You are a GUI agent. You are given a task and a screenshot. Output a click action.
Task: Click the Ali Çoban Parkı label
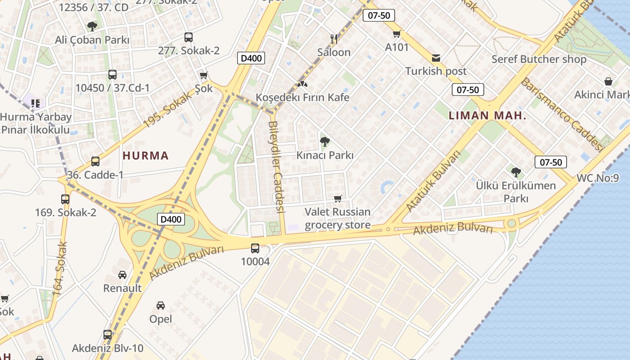pyautogui.click(x=92, y=40)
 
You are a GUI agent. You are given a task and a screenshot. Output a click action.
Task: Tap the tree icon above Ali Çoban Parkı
pyautogui.click(x=92, y=26)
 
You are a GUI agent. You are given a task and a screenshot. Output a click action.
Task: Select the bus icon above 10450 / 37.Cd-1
pyautogui.click(x=112, y=75)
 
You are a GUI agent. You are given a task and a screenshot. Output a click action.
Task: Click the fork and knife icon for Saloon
pyautogui.click(x=333, y=39)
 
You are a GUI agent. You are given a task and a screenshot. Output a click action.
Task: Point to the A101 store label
pyautogui.click(x=397, y=47)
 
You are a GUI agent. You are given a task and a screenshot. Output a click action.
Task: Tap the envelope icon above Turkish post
pyautogui.click(x=436, y=58)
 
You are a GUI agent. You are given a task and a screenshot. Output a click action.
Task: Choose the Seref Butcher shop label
pyautogui.click(x=539, y=59)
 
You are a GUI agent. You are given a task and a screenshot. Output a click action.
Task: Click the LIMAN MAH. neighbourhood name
pyautogui.click(x=487, y=116)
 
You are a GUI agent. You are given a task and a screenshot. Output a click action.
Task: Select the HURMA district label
pyautogui.click(x=145, y=156)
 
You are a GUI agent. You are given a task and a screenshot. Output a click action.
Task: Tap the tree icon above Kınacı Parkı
pyautogui.click(x=324, y=142)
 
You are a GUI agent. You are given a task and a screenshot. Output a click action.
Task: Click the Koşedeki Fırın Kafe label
pyautogui.click(x=302, y=97)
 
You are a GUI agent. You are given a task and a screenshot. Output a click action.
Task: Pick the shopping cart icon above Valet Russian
pyautogui.click(x=338, y=198)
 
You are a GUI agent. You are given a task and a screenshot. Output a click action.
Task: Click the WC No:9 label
pyautogui.click(x=598, y=178)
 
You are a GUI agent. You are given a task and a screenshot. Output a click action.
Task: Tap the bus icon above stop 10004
pyautogui.click(x=255, y=248)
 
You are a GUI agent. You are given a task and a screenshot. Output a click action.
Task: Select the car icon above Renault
pyautogui.click(x=122, y=274)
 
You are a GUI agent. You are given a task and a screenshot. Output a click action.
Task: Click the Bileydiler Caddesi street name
pyautogui.click(x=277, y=166)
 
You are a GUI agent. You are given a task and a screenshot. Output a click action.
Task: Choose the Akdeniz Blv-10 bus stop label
pyautogui.click(x=108, y=348)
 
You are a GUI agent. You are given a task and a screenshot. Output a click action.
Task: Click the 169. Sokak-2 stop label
pyautogui.click(x=66, y=212)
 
